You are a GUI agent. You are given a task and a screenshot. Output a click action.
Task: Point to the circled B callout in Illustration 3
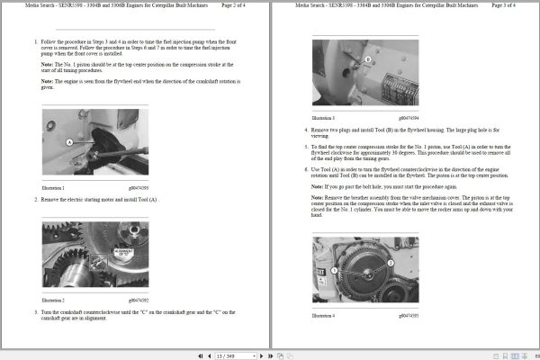pos(368,59)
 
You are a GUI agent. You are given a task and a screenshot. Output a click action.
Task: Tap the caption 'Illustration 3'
pos(323,117)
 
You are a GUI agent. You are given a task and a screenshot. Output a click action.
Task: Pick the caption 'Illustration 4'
pos(323,315)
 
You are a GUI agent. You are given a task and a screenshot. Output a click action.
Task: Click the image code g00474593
pos(409,315)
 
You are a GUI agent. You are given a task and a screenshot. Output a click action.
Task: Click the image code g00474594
pos(409,117)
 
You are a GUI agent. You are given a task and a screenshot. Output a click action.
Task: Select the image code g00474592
pos(140,299)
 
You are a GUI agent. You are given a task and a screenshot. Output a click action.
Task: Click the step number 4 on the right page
pos(306,129)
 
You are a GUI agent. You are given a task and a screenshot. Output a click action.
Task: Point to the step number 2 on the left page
pos(36,198)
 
